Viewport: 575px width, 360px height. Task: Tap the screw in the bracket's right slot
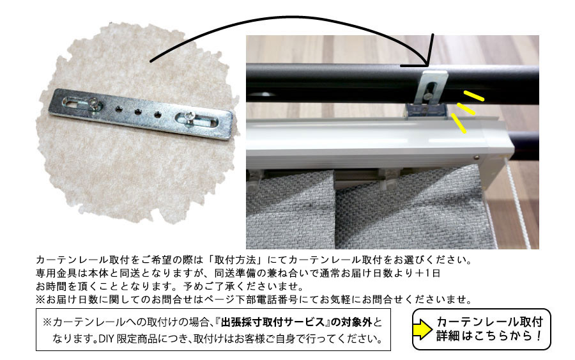pos(189,117)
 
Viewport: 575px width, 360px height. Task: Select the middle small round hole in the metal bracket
pos(137,111)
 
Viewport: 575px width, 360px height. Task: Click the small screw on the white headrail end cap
pos(476,158)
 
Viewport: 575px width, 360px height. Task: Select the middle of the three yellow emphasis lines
pos(466,109)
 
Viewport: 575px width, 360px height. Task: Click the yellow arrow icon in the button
pos(422,329)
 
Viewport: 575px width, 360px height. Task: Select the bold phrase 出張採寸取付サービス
pos(273,322)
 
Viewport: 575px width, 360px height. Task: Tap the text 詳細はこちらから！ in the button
pos(489,336)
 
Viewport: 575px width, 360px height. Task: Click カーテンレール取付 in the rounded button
pos(490,322)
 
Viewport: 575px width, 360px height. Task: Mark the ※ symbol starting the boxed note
pos(47,322)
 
